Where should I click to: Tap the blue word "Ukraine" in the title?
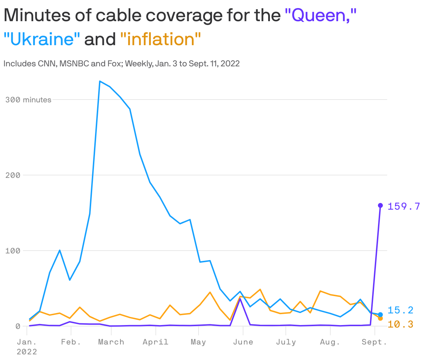click(x=42, y=39)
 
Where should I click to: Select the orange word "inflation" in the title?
click(x=161, y=39)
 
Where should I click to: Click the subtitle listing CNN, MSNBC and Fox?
click(x=122, y=64)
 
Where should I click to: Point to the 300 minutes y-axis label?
click(x=28, y=100)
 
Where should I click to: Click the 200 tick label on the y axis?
click(x=13, y=175)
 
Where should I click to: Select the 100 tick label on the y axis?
click(x=13, y=251)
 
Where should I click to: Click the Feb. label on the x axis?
click(x=71, y=342)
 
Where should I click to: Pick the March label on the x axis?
click(x=111, y=342)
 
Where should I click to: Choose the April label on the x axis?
click(x=155, y=342)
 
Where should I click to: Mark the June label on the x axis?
click(x=243, y=342)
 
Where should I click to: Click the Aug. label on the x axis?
click(x=330, y=342)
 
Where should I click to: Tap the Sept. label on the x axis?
click(x=374, y=342)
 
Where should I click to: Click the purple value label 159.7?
click(x=404, y=206)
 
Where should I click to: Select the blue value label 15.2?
click(x=400, y=310)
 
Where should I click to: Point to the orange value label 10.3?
click(x=400, y=324)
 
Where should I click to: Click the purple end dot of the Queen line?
click(x=380, y=205)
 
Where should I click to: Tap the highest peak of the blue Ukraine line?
click(x=100, y=82)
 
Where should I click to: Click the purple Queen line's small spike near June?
click(x=240, y=299)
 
